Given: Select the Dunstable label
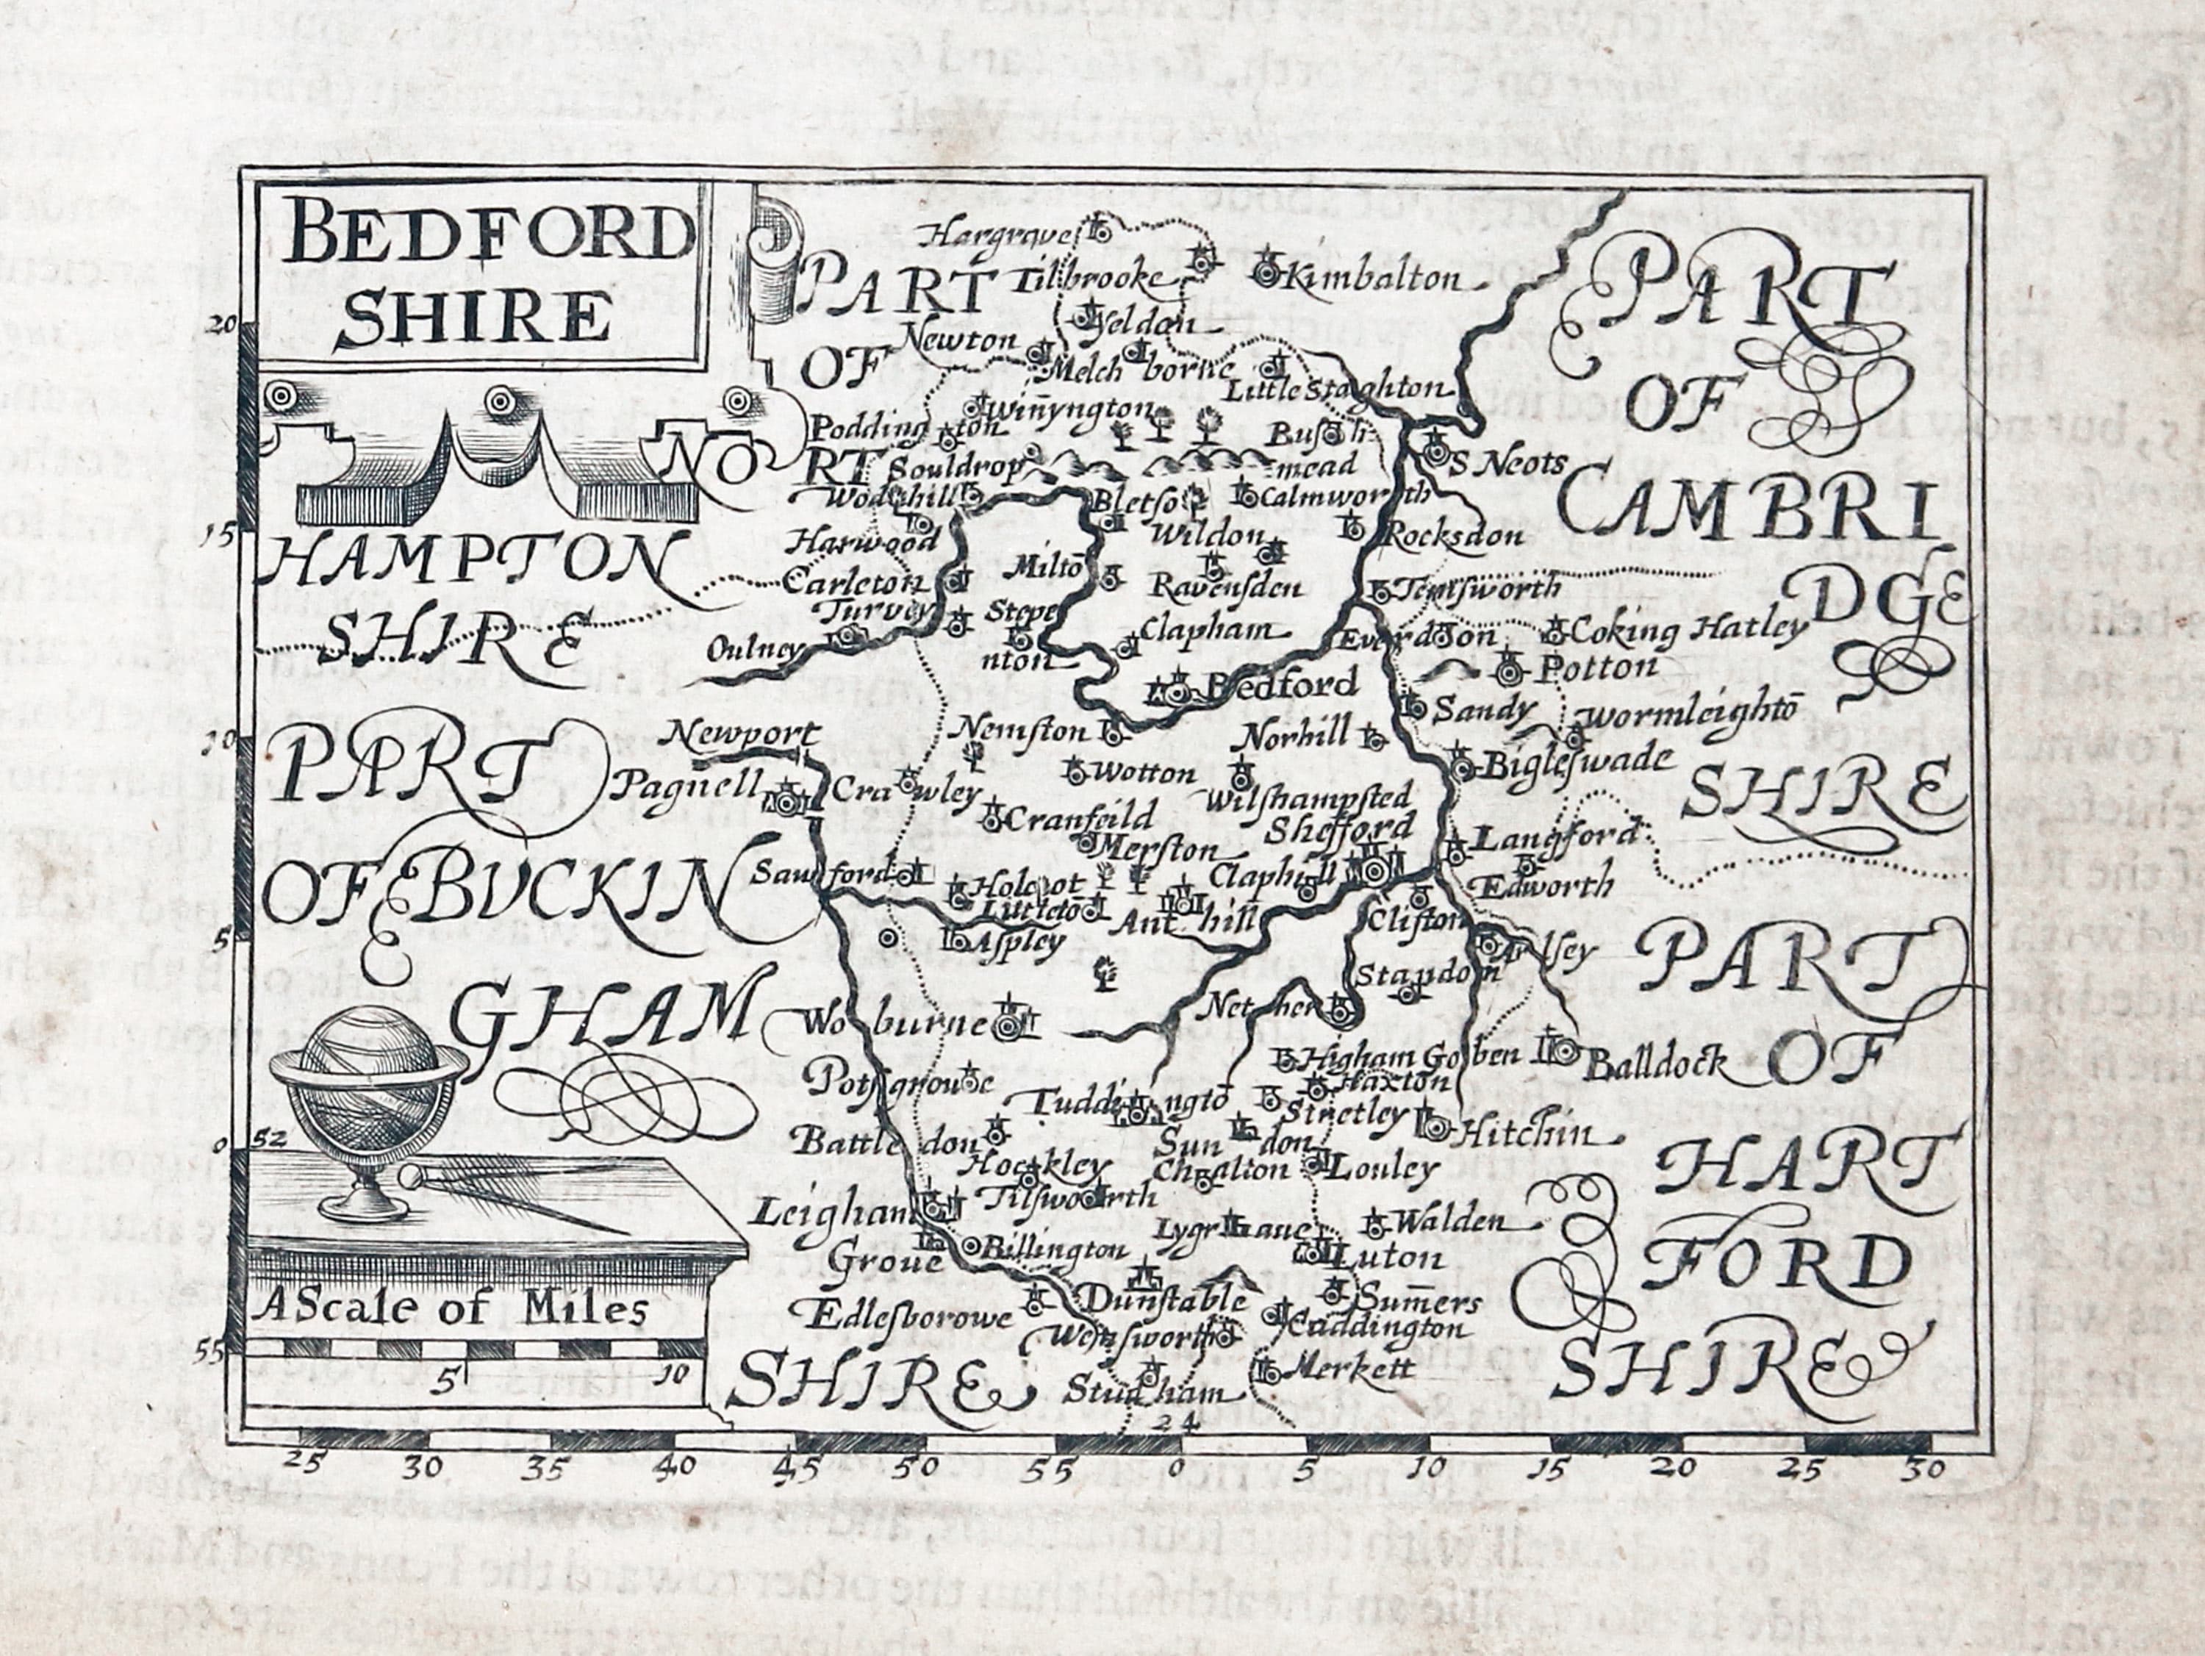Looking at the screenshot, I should click(1161, 1299).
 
